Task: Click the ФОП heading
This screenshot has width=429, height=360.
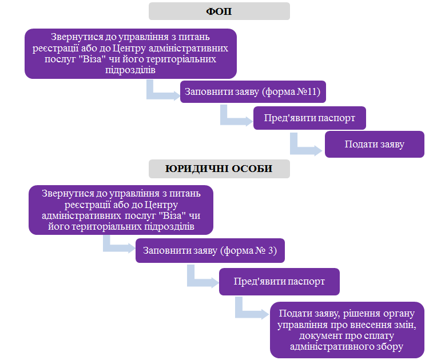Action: tap(219, 11)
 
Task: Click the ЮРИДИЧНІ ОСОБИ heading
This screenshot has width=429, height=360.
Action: tap(219, 169)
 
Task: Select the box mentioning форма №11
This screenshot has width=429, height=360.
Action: tap(253, 91)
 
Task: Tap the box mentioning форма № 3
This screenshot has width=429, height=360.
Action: tap(210, 250)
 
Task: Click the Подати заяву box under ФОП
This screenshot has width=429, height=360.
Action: tap(375, 144)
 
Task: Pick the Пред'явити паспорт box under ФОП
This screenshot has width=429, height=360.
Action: tap(309, 118)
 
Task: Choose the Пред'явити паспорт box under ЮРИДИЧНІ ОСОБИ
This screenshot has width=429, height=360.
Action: tap(279, 281)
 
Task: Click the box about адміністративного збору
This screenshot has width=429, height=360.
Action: tap(347, 330)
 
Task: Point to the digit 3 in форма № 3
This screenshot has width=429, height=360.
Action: tap(271, 250)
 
